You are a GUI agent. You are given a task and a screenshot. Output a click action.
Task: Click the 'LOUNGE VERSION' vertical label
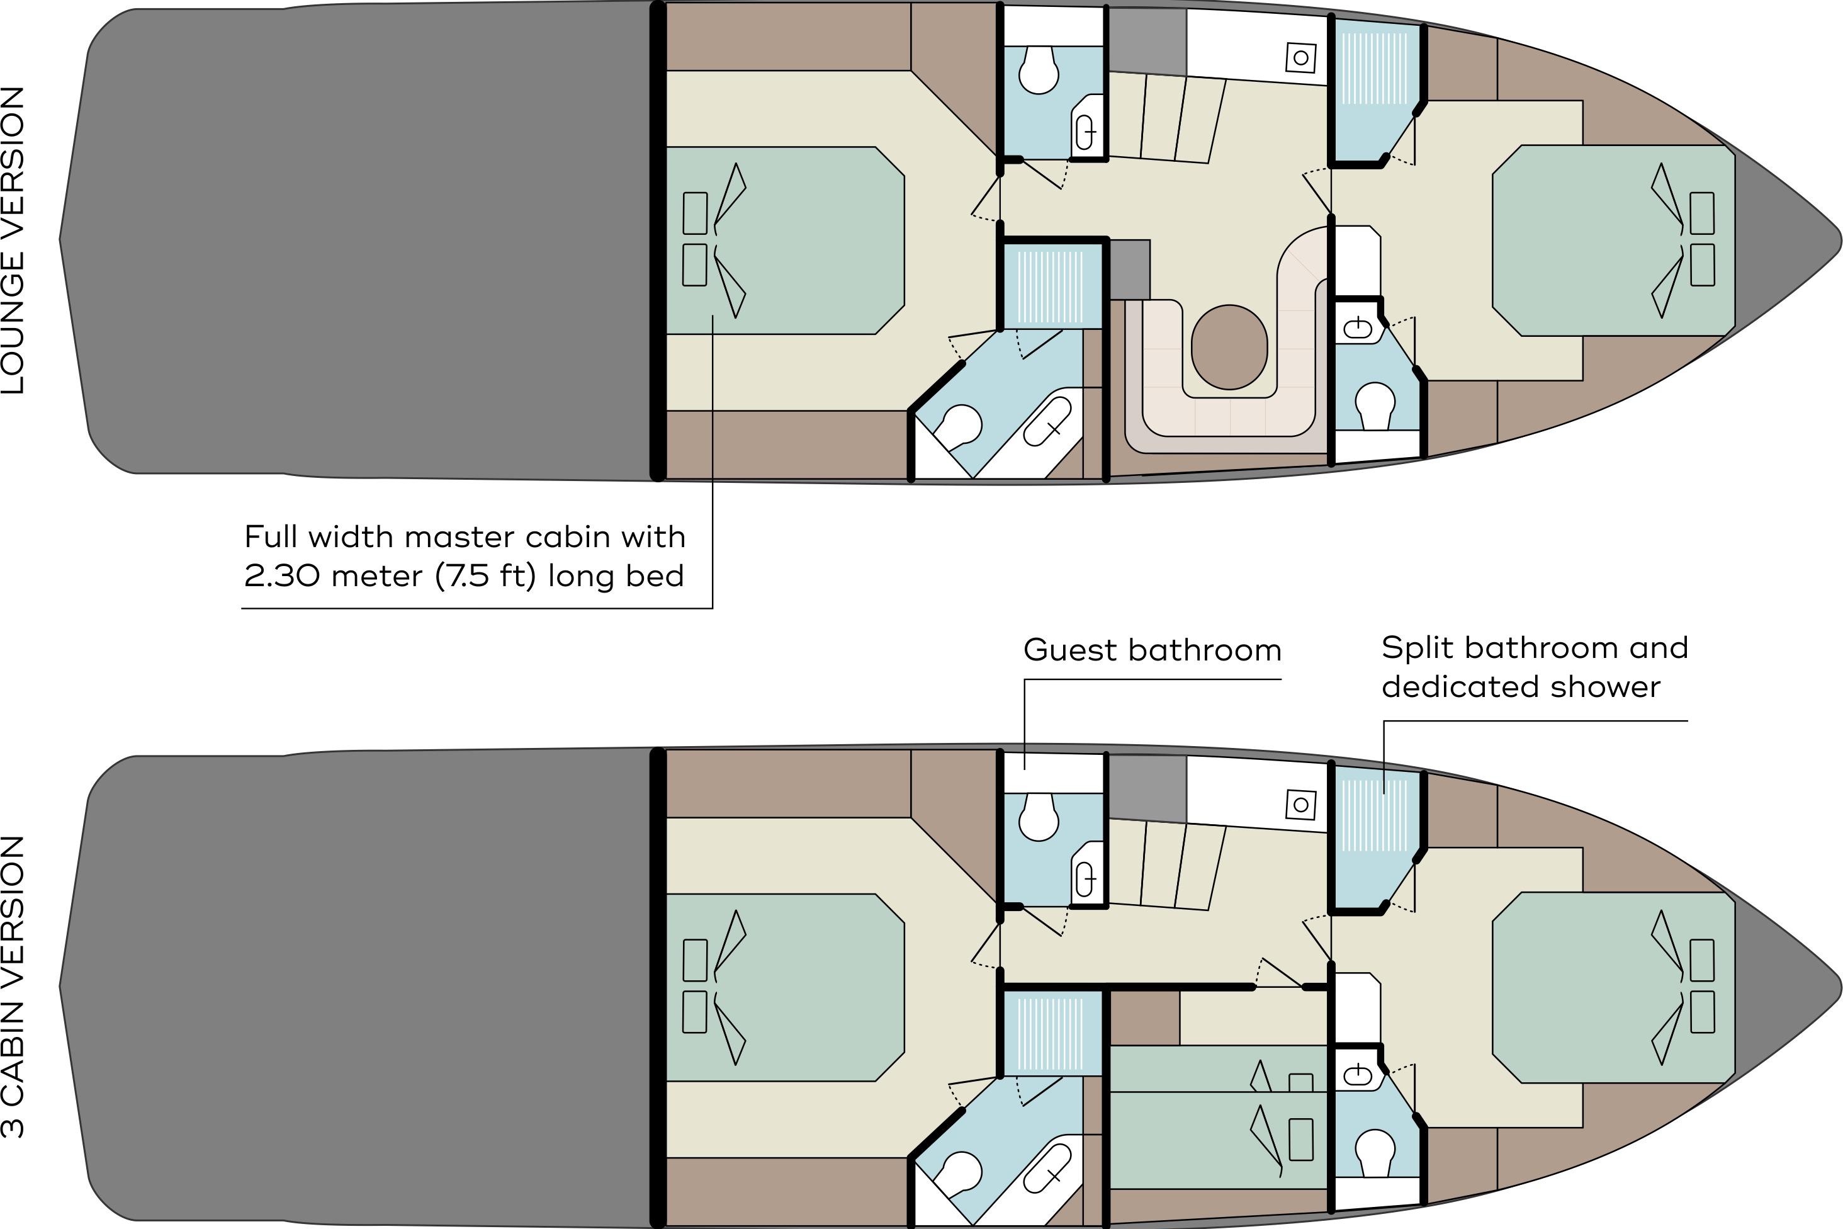(13, 240)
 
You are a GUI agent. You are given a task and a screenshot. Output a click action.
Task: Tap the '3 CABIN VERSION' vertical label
(13, 988)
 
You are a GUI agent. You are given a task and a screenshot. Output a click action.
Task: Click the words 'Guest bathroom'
(1152, 650)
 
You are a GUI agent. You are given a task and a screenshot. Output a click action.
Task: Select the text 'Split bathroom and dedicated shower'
(1535, 667)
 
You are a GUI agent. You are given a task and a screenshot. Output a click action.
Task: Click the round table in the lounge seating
(1229, 347)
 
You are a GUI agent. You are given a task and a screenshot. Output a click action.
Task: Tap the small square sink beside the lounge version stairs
(1301, 57)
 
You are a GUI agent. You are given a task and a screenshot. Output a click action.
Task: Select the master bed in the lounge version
(784, 241)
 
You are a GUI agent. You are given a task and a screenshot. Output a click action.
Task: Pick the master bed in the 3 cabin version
(784, 988)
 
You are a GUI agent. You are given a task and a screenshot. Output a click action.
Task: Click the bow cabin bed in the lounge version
(1613, 241)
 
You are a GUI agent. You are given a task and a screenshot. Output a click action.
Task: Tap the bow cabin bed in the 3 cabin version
(1613, 988)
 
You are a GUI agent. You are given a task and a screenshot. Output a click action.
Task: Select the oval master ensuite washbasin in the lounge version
(1047, 422)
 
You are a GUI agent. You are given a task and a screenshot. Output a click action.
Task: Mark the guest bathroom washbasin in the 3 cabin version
(1086, 880)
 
